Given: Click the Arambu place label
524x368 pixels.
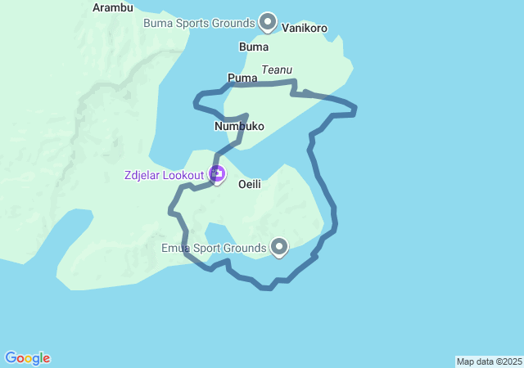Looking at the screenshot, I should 112,7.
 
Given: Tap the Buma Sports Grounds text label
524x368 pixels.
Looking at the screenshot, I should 199,23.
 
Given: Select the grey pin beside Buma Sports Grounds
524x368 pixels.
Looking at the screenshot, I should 267,21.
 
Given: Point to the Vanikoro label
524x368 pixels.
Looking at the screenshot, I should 305,28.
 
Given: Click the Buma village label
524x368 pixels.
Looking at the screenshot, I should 253,47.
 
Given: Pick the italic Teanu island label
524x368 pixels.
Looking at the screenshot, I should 277,70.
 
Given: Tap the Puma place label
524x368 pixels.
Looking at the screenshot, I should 242,79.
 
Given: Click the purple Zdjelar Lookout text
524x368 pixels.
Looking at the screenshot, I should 164,175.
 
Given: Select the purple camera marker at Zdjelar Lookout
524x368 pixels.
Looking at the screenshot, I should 217,173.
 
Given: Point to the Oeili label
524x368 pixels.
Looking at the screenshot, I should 249,185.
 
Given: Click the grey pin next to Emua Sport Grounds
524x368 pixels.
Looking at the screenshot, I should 279,246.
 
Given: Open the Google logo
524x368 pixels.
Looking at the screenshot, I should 27,358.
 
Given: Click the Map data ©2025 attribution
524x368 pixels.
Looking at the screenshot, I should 489,361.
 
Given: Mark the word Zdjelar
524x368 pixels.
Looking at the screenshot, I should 142,175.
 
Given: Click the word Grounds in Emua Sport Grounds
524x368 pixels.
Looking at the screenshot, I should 246,248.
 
